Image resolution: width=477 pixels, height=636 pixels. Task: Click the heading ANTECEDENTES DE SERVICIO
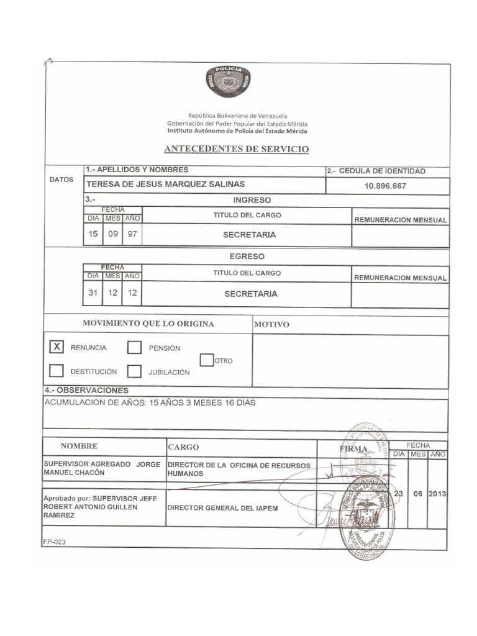click(236, 149)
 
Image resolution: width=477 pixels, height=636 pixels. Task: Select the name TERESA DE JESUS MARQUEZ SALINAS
click(165, 184)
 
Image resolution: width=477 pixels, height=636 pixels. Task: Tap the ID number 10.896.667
click(387, 185)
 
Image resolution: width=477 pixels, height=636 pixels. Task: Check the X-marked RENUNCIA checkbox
click(57, 347)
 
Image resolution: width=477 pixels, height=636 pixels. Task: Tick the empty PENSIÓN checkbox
click(134, 348)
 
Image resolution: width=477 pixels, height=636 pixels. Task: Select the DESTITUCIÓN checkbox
click(57, 371)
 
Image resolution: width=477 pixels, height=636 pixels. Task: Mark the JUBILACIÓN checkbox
click(134, 371)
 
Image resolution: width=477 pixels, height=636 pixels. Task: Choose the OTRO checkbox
click(207, 360)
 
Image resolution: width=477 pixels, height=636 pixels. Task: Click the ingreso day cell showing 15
click(93, 235)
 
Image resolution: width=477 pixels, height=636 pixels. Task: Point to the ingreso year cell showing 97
click(132, 235)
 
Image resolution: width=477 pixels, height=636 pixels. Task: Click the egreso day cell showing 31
click(93, 293)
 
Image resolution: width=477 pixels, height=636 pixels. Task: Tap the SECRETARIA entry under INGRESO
click(249, 235)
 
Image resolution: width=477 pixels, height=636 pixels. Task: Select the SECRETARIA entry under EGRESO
click(251, 294)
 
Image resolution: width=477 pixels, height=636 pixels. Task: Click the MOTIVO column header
click(271, 324)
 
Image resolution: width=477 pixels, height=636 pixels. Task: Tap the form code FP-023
click(54, 542)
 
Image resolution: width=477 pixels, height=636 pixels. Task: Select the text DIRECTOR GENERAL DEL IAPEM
click(223, 507)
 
